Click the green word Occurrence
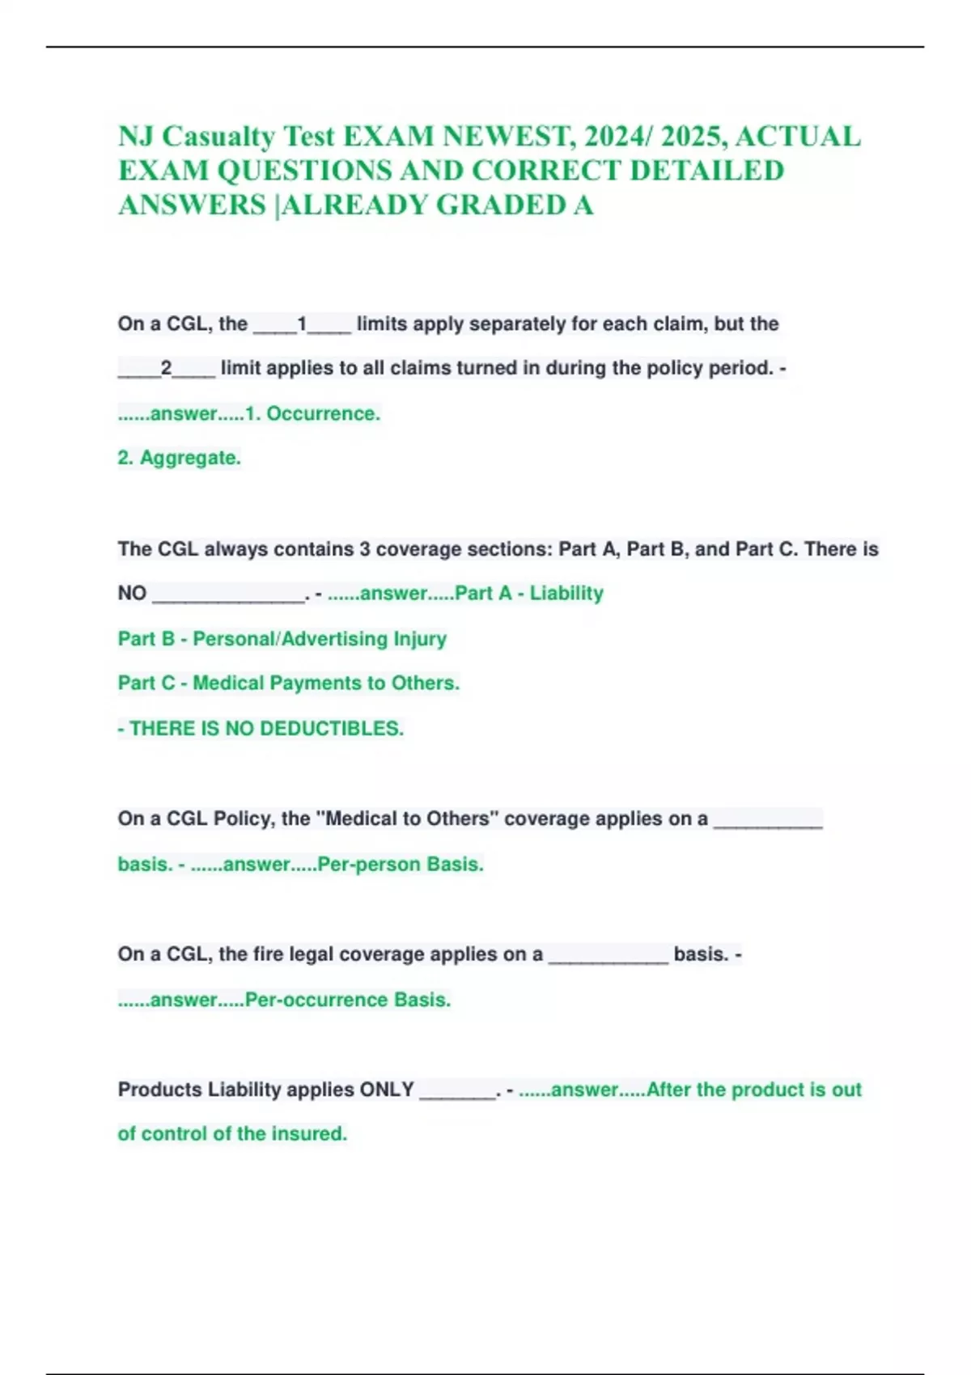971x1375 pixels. pyautogui.click(x=323, y=413)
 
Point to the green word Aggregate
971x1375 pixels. pyautogui.click(x=190, y=458)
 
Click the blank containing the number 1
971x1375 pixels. pyautogui.click(x=302, y=324)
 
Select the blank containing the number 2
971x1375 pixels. pyautogui.click(x=166, y=369)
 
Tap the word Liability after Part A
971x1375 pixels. pyautogui.click(x=566, y=593)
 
